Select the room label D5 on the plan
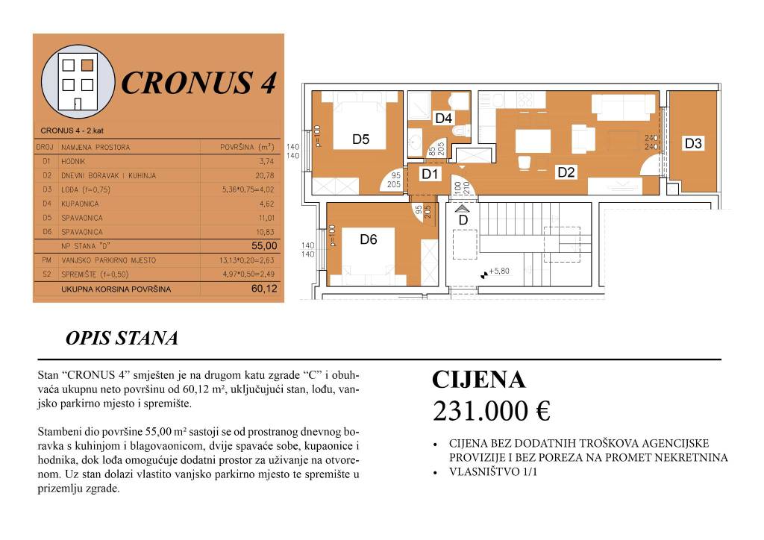point(361,139)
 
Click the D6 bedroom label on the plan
point(369,239)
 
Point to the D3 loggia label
point(693,143)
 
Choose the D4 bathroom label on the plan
point(444,118)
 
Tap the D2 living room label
point(566,172)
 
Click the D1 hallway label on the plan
point(429,175)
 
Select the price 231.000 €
point(492,410)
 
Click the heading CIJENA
point(479,380)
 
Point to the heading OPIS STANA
point(122,339)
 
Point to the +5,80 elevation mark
point(498,272)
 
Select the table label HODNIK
point(75,161)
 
